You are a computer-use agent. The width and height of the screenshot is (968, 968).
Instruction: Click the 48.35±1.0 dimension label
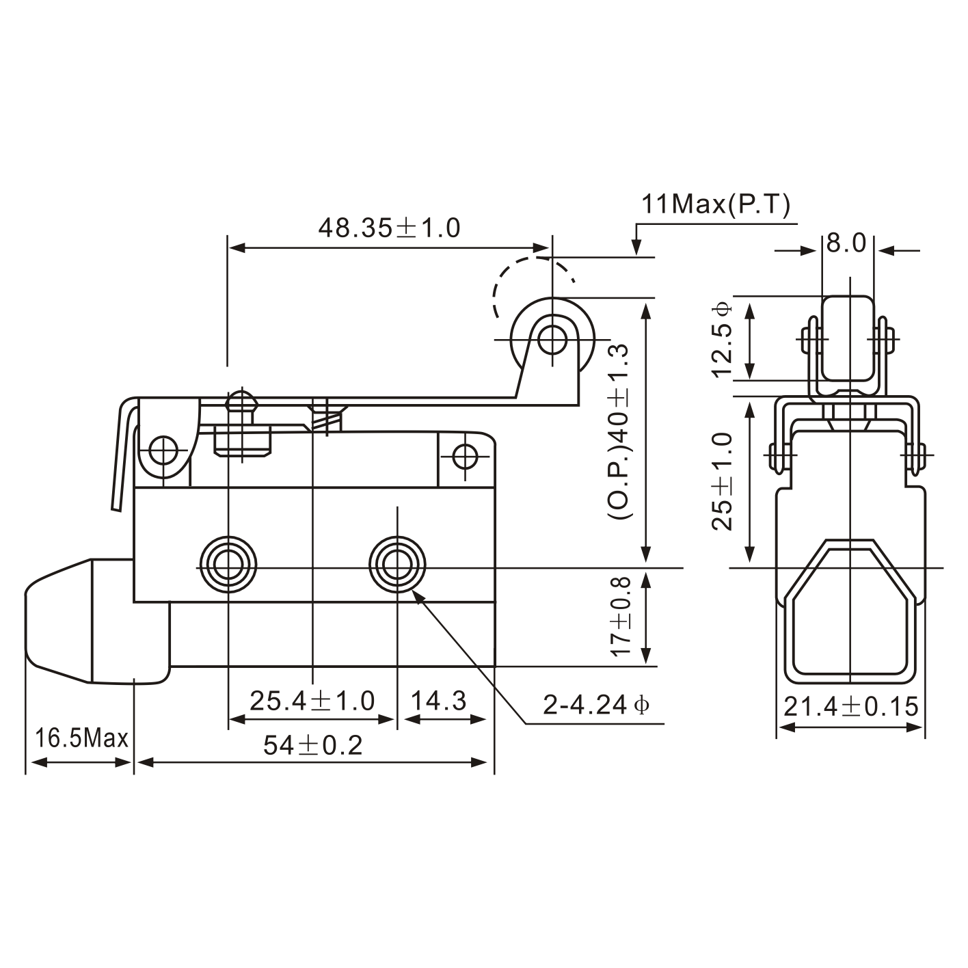(x=389, y=228)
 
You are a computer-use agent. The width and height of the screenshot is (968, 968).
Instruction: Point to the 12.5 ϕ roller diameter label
(x=722, y=338)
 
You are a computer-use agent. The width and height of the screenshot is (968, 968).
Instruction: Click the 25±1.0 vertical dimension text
(x=722, y=481)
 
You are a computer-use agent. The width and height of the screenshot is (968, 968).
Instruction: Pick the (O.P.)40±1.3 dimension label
(x=618, y=432)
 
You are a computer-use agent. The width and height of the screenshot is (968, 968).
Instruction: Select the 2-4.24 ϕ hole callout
(x=595, y=704)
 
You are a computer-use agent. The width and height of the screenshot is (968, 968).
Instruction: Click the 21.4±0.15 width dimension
(x=850, y=706)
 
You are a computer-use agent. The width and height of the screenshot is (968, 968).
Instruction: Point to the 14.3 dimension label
(x=439, y=701)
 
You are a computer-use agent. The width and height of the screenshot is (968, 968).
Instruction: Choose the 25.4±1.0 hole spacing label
(x=312, y=701)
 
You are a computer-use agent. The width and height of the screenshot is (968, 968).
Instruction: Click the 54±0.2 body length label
(x=313, y=745)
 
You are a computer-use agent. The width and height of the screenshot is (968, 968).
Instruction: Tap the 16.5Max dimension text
(x=81, y=738)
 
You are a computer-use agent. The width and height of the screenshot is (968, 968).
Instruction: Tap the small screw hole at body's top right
(x=465, y=455)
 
